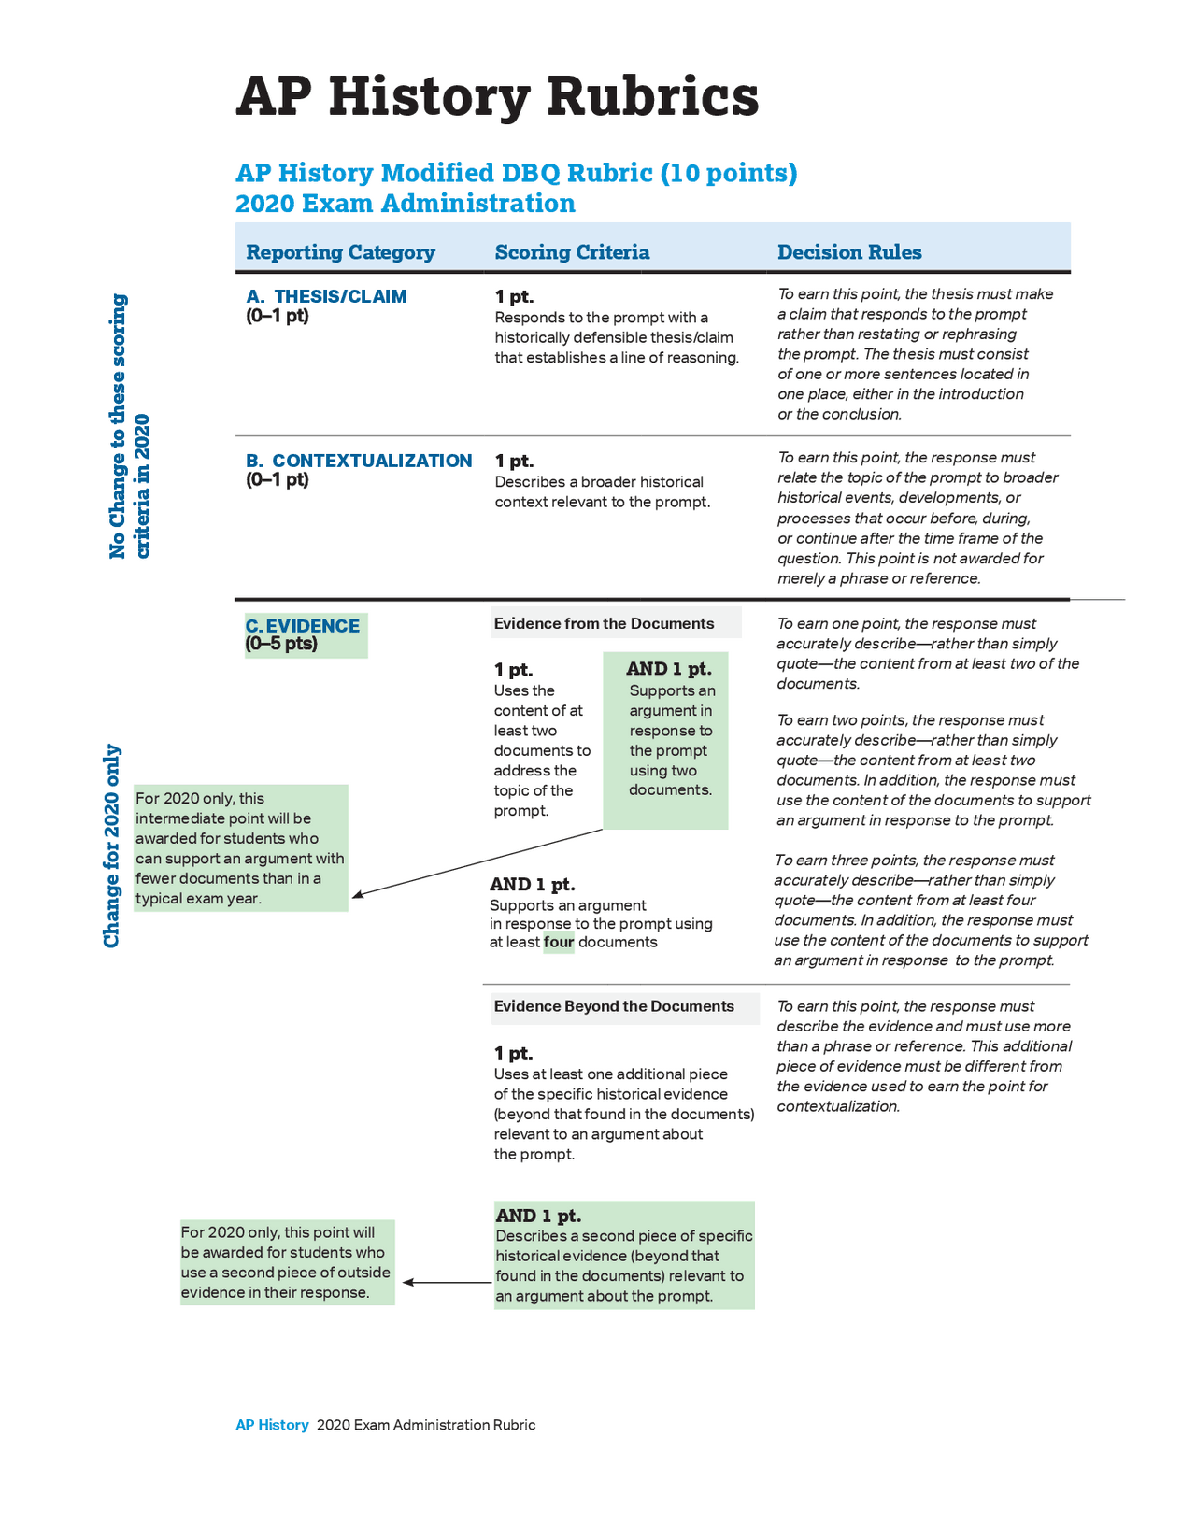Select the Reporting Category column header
(340, 252)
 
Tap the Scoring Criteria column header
(572, 252)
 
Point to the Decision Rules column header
(849, 252)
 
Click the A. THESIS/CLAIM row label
(326, 296)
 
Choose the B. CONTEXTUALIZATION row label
(359, 461)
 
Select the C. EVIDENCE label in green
(303, 625)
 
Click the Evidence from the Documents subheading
(604, 623)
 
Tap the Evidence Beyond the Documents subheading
(613, 1006)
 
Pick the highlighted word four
(559, 942)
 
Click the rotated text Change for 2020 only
(112, 846)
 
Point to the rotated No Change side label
(130, 426)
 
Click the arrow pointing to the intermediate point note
(477, 863)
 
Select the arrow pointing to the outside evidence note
(447, 1283)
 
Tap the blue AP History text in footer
(273, 1425)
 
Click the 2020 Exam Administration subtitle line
(406, 203)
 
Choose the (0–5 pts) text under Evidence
(281, 644)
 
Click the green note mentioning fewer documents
(240, 848)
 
